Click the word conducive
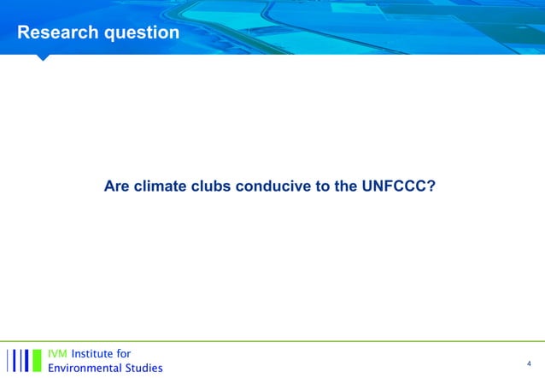click(277, 186)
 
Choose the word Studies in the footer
click(142, 368)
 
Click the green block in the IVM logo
click(37, 360)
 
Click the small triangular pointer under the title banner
click(43, 57)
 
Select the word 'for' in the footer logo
click(124, 353)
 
